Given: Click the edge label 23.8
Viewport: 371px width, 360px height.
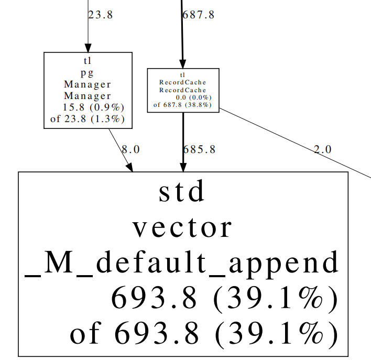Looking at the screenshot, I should [100, 15].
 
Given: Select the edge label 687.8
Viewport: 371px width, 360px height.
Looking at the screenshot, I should [199, 15].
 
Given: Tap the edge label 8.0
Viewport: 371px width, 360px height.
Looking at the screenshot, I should [130, 149].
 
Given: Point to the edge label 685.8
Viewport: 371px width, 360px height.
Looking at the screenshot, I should [199, 149].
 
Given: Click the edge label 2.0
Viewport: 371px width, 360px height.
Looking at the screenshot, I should [322, 149].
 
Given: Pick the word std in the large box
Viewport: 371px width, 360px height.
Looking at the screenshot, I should [182, 192].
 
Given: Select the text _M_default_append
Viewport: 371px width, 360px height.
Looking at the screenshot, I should [182, 263].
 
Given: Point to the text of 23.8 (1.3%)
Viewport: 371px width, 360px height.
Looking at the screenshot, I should [88, 119].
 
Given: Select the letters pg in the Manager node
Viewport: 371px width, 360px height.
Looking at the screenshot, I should [88, 73].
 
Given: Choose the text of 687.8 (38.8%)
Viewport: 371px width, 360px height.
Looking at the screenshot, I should [182, 105].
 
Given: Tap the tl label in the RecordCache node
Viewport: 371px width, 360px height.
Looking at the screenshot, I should [182, 75].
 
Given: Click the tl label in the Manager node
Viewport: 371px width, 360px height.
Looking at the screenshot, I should [88, 61].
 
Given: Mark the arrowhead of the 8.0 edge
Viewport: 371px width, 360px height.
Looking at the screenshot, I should [130, 168].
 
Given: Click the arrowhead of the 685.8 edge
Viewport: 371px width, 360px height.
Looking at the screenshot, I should [183, 168].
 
